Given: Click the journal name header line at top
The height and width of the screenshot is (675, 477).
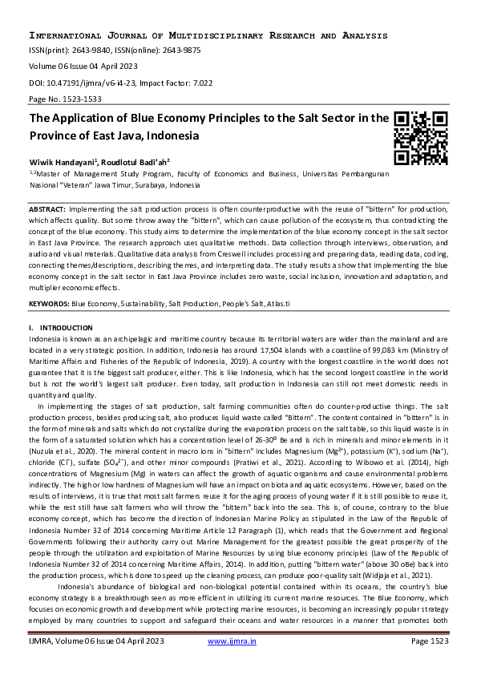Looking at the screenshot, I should click(x=208, y=36).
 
